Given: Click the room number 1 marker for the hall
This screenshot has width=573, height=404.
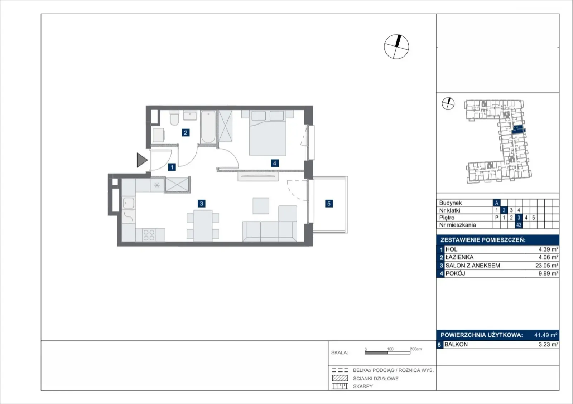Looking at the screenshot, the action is (172, 167).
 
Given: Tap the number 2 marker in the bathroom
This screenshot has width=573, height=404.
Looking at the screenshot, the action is (186, 133).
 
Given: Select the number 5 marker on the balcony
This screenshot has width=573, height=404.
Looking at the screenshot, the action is (329, 204).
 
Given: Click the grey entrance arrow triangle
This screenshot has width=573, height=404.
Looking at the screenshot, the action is (142, 160).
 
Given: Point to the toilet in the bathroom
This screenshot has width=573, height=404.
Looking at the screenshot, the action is (174, 117).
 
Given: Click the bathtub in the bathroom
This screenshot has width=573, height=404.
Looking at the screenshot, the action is (208, 127).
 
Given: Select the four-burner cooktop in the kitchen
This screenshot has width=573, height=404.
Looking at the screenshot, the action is (149, 235).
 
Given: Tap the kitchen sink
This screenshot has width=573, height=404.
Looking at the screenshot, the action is (129, 203).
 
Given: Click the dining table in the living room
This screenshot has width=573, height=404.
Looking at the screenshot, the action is (203, 226).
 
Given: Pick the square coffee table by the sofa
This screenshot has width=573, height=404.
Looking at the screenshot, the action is (261, 206).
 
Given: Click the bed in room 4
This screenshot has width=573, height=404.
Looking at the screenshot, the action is (268, 133).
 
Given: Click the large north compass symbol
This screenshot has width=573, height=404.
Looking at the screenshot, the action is (396, 47).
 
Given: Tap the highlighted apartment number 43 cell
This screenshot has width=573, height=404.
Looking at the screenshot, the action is (519, 225).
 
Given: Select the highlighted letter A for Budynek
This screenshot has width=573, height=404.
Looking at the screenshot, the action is (496, 203).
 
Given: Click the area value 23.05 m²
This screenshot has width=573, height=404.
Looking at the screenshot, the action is (546, 266).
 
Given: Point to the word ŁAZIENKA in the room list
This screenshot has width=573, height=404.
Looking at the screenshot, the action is (459, 257).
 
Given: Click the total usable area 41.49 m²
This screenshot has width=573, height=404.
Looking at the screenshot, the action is (546, 335).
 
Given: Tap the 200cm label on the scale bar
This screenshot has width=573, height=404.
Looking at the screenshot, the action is (416, 349).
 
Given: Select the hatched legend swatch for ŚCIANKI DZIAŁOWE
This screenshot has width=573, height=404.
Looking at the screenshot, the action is (340, 378).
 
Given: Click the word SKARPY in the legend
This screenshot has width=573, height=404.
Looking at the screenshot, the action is (363, 386).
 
